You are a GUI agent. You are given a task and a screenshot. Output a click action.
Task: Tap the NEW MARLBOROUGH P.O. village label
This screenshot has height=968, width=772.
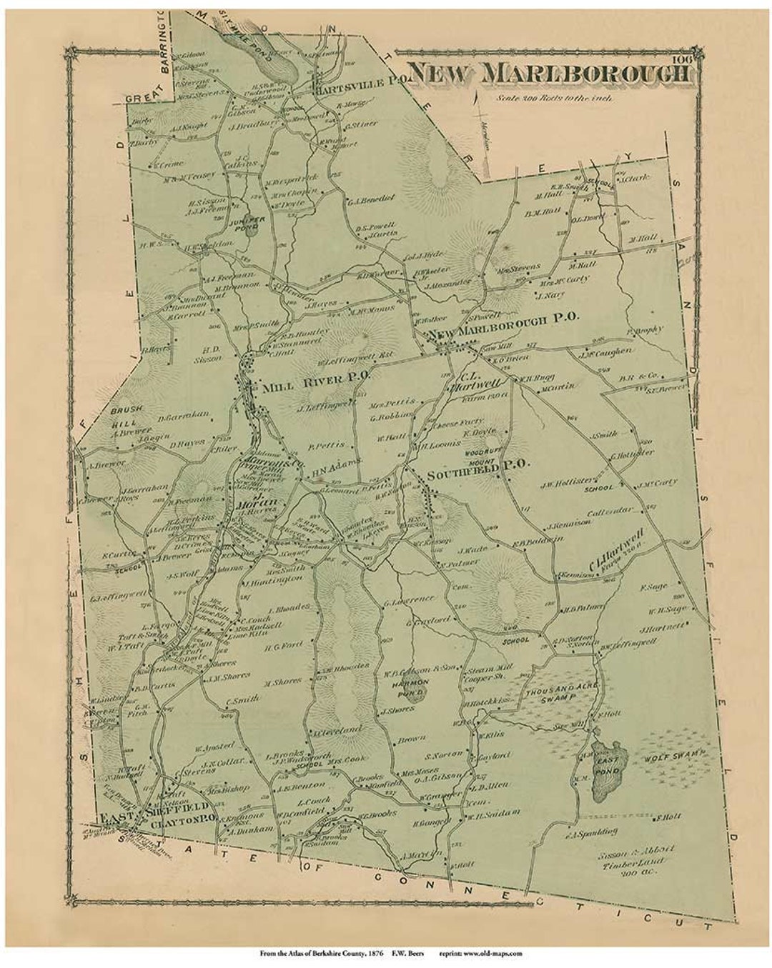point(502,321)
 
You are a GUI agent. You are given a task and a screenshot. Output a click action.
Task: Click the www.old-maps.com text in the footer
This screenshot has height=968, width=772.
point(493,952)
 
